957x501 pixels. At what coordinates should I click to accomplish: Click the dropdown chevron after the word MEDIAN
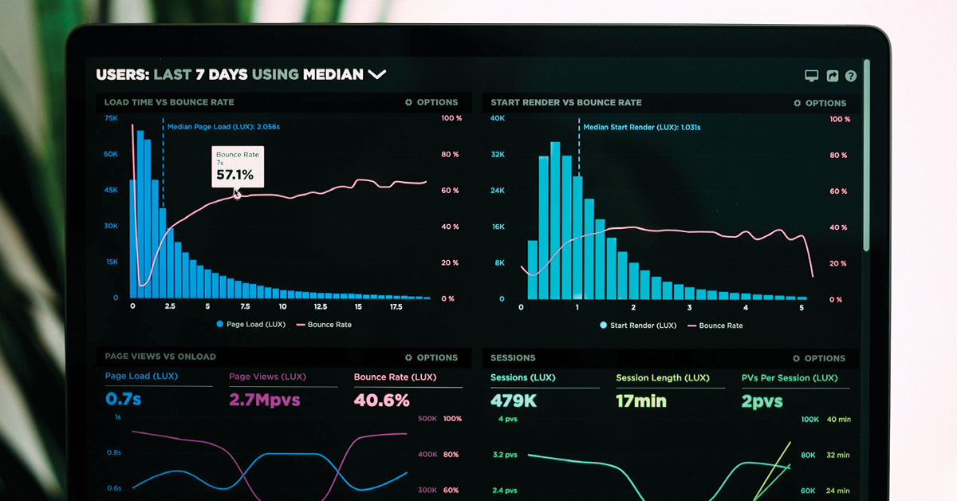376,74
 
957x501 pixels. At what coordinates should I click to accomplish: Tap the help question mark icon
851,76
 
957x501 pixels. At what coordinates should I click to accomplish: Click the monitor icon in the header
811,76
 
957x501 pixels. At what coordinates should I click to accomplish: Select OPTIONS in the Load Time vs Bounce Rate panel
431,102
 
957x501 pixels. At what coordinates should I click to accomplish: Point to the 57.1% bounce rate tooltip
237,167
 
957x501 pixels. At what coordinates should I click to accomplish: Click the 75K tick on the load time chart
112,118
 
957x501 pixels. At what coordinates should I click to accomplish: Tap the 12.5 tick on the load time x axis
321,306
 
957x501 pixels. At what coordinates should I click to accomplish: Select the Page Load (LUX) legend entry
250,325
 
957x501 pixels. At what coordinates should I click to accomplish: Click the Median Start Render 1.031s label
641,127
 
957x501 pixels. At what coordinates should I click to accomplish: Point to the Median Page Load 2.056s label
223,126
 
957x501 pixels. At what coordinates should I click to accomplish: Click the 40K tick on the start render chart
498,118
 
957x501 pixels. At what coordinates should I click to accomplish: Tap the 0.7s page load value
123,399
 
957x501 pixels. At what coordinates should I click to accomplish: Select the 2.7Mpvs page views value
264,400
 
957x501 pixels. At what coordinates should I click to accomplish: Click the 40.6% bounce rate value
381,400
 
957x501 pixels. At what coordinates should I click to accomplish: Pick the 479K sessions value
513,400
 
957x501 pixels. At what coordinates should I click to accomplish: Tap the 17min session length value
640,400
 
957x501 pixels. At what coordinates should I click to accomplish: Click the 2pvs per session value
762,400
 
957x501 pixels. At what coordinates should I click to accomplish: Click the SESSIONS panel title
513,357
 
